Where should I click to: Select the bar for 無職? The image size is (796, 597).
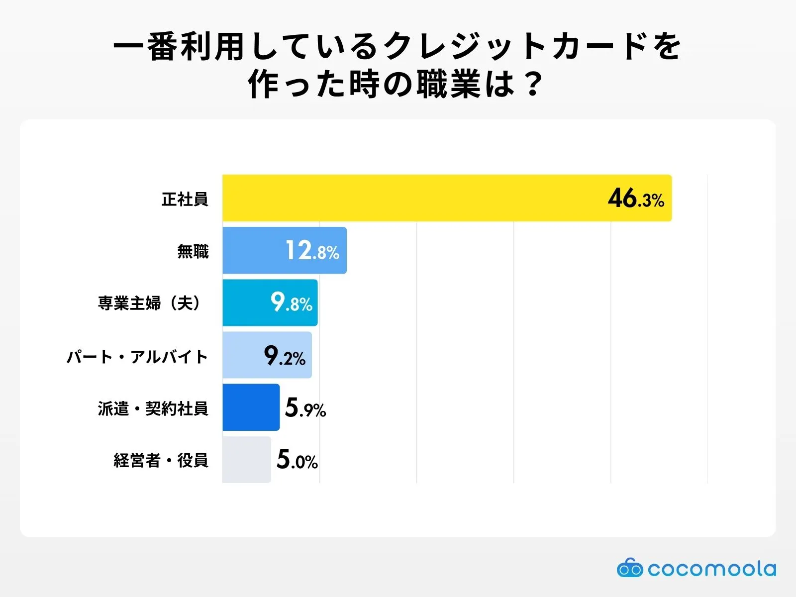coord(254,250)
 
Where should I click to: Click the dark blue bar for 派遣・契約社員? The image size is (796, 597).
coord(251,407)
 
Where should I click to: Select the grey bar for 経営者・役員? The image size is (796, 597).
coord(246,460)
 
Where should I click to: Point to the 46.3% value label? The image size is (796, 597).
coord(636,199)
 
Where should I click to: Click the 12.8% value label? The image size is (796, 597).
coord(312,251)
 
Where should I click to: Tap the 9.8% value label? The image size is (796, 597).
coord(291,302)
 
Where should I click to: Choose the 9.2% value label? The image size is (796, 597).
coord(285,356)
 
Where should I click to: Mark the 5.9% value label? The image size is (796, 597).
coord(305,408)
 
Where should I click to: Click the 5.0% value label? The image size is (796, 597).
coord(297,460)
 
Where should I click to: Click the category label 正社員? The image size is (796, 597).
coord(185,199)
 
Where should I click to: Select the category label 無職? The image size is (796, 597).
coord(193,251)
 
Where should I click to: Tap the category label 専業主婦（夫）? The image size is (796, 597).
coord(151,303)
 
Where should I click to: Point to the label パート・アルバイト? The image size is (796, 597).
coord(137,357)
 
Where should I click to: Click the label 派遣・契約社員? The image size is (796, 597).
coord(153,408)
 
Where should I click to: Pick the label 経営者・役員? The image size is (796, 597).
coord(161,461)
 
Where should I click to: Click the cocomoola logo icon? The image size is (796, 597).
coord(630,568)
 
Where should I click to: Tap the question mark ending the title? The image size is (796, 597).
coord(533,85)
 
